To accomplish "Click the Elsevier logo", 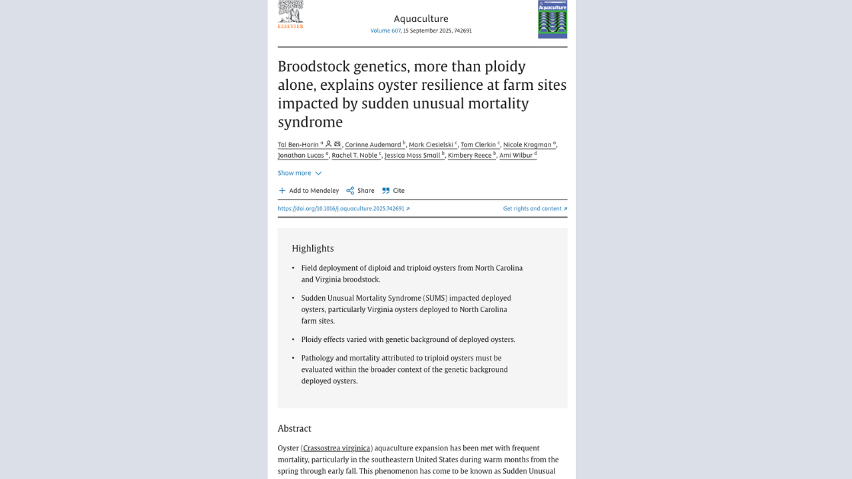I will [290, 15].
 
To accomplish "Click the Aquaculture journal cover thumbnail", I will [552, 19].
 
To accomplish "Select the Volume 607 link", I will [385, 31].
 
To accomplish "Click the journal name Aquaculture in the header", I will [421, 19].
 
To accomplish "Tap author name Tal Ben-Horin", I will [298, 144].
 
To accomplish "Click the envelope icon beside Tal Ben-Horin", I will [337, 144].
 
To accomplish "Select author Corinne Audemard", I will [373, 144].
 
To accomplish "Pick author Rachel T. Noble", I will [355, 155].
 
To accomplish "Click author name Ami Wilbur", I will [516, 155].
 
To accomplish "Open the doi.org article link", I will [343, 208].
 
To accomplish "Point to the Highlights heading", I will [312, 248].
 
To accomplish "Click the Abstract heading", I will [294, 428].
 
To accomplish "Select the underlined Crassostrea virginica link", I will [337, 448].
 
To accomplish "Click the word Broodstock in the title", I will [313, 67].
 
